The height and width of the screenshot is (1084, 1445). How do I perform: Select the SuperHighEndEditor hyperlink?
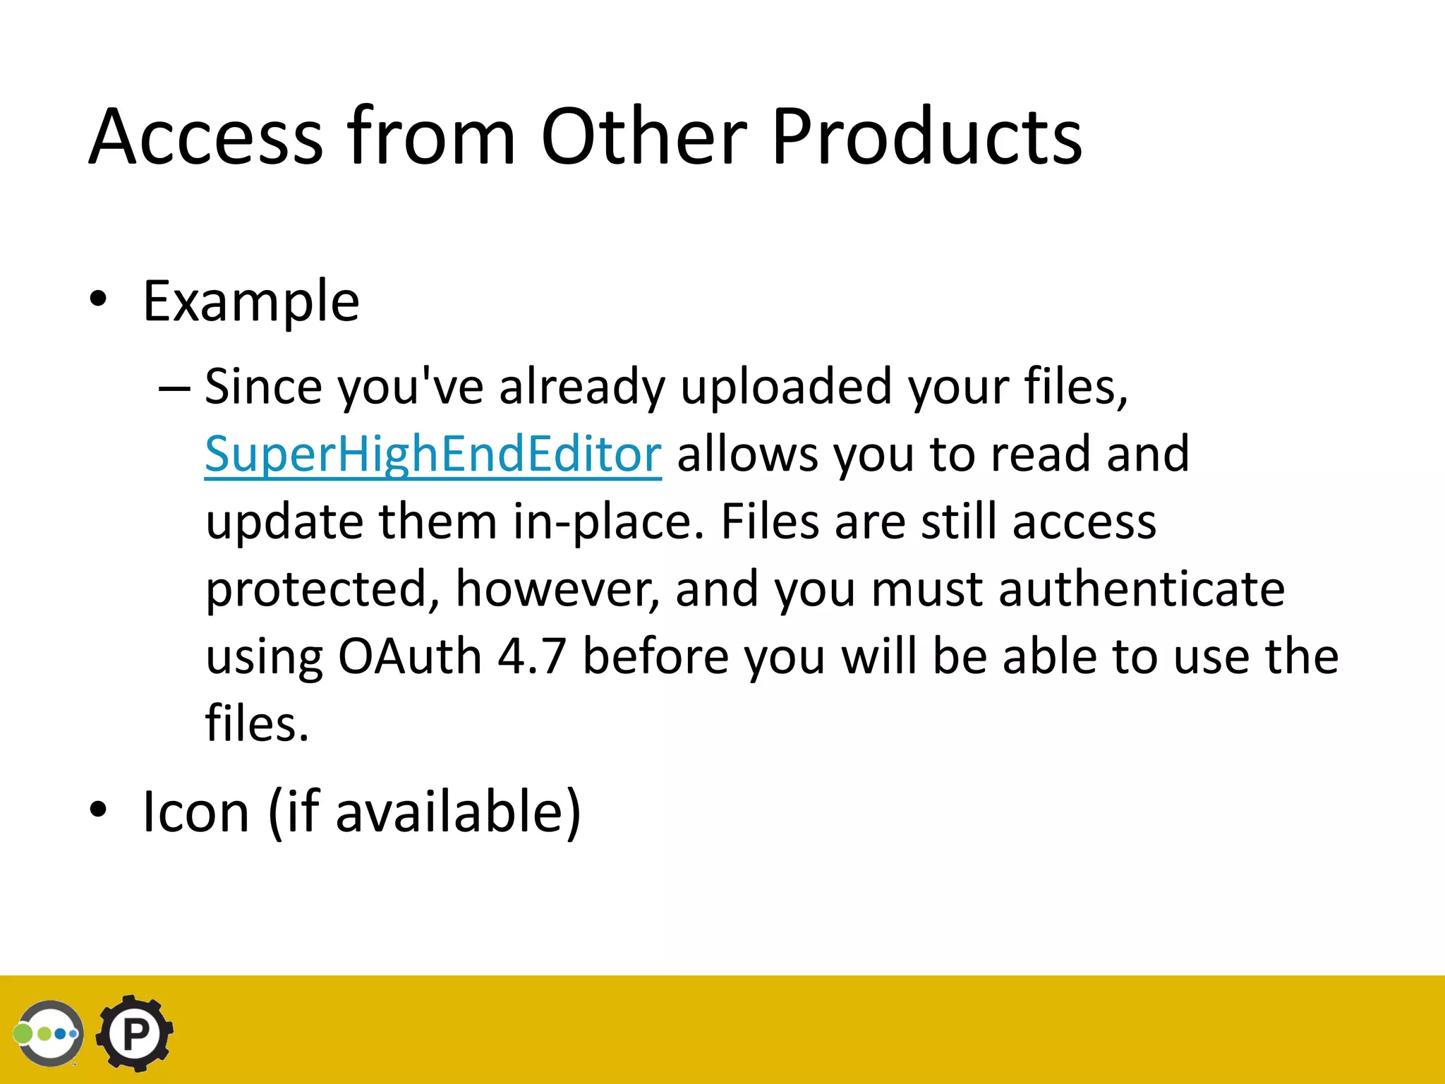[433, 454]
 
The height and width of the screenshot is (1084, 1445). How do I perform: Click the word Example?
[251, 301]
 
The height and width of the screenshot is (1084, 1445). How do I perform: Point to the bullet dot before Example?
[98, 300]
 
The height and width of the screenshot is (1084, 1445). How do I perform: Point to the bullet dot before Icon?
[98, 810]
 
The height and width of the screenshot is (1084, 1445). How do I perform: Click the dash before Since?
[174, 387]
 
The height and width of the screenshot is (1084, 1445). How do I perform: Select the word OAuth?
[409, 656]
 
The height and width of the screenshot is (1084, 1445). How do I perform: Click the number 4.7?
[531, 656]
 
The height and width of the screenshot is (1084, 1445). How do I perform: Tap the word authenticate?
[1142, 589]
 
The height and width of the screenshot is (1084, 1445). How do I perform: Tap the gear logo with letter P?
[134, 1033]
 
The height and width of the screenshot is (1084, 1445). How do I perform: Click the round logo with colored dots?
[49, 1033]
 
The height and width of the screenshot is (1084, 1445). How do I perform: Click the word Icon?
[196, 812]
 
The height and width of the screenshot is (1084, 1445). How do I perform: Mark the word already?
[582, 387]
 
